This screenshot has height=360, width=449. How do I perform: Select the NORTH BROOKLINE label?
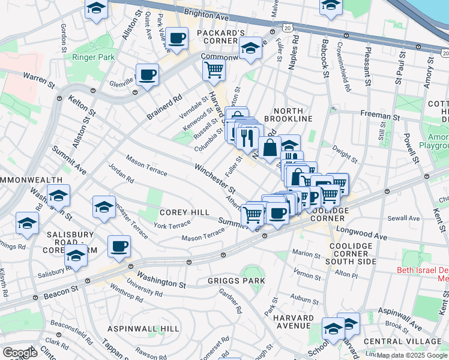point(293,115)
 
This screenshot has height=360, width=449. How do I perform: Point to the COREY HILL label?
point(184,212)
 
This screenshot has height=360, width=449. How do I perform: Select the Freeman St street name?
point(379,114)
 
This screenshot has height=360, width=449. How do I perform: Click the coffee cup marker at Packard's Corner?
point(176,38)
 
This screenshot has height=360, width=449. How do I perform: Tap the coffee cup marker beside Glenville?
point(147,74)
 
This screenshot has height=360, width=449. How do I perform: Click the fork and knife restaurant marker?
point(247,139)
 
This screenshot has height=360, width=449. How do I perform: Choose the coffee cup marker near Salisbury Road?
point(119,246)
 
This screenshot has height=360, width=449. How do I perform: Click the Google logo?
point(20,353)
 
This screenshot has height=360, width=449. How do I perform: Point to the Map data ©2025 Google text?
point(412,355)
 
